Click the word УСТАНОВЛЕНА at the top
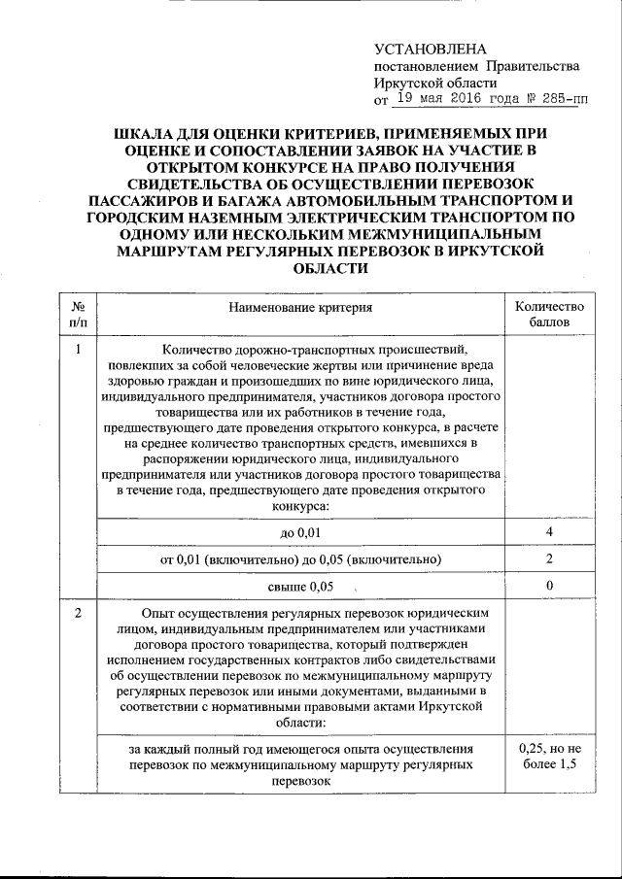(430, 49)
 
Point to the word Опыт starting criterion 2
(159, 614)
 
